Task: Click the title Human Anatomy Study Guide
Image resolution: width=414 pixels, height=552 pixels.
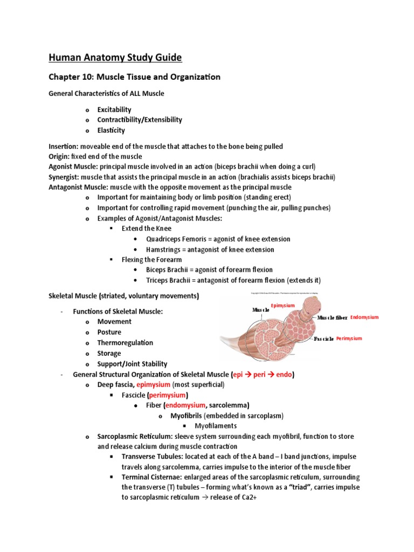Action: coord(115,57)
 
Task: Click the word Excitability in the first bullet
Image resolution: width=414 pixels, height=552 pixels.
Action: coord(114,109)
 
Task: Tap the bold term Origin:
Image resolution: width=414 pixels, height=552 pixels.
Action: coord(60,156)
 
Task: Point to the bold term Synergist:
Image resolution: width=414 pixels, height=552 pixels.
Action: coord(66,177)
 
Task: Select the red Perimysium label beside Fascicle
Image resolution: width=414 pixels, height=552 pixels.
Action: coord(349,339)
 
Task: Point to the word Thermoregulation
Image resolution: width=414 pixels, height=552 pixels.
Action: coord(125,343)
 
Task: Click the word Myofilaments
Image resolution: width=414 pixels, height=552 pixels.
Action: coord(208,426)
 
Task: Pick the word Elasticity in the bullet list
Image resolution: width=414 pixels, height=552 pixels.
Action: coord(111,130)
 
